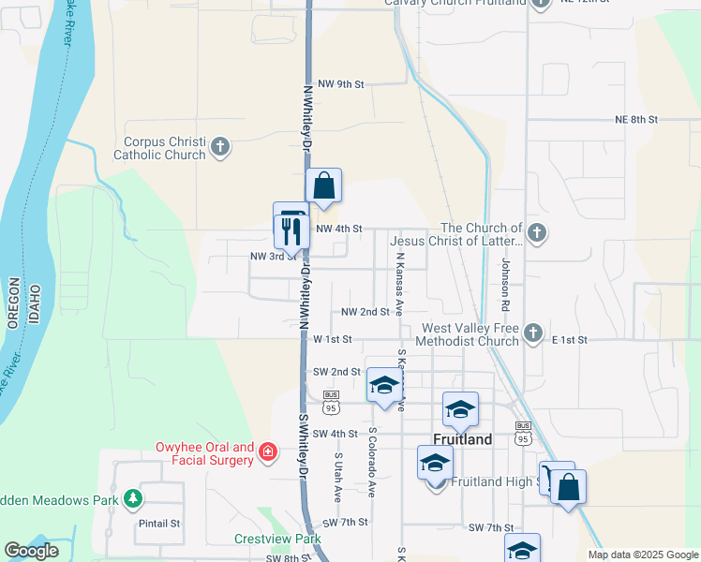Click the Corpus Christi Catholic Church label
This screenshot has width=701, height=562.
click(158, 148)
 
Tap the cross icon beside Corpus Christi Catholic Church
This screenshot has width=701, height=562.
click(220, 147)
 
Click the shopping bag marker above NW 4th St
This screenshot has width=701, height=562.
click(323, 186)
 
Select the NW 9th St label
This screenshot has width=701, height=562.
click(340, 84)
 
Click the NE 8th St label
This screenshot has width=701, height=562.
click(636, 120)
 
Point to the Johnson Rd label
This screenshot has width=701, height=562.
click(504, 285)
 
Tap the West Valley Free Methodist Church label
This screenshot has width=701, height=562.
click(470, 334)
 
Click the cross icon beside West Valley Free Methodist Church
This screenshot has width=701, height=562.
click(532, 333)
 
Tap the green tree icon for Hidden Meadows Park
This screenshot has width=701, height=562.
click(133, 498)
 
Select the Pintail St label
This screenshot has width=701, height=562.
click(159, 523)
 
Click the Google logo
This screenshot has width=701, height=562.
click(31, 551)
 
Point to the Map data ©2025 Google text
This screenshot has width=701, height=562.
click(642, 555)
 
